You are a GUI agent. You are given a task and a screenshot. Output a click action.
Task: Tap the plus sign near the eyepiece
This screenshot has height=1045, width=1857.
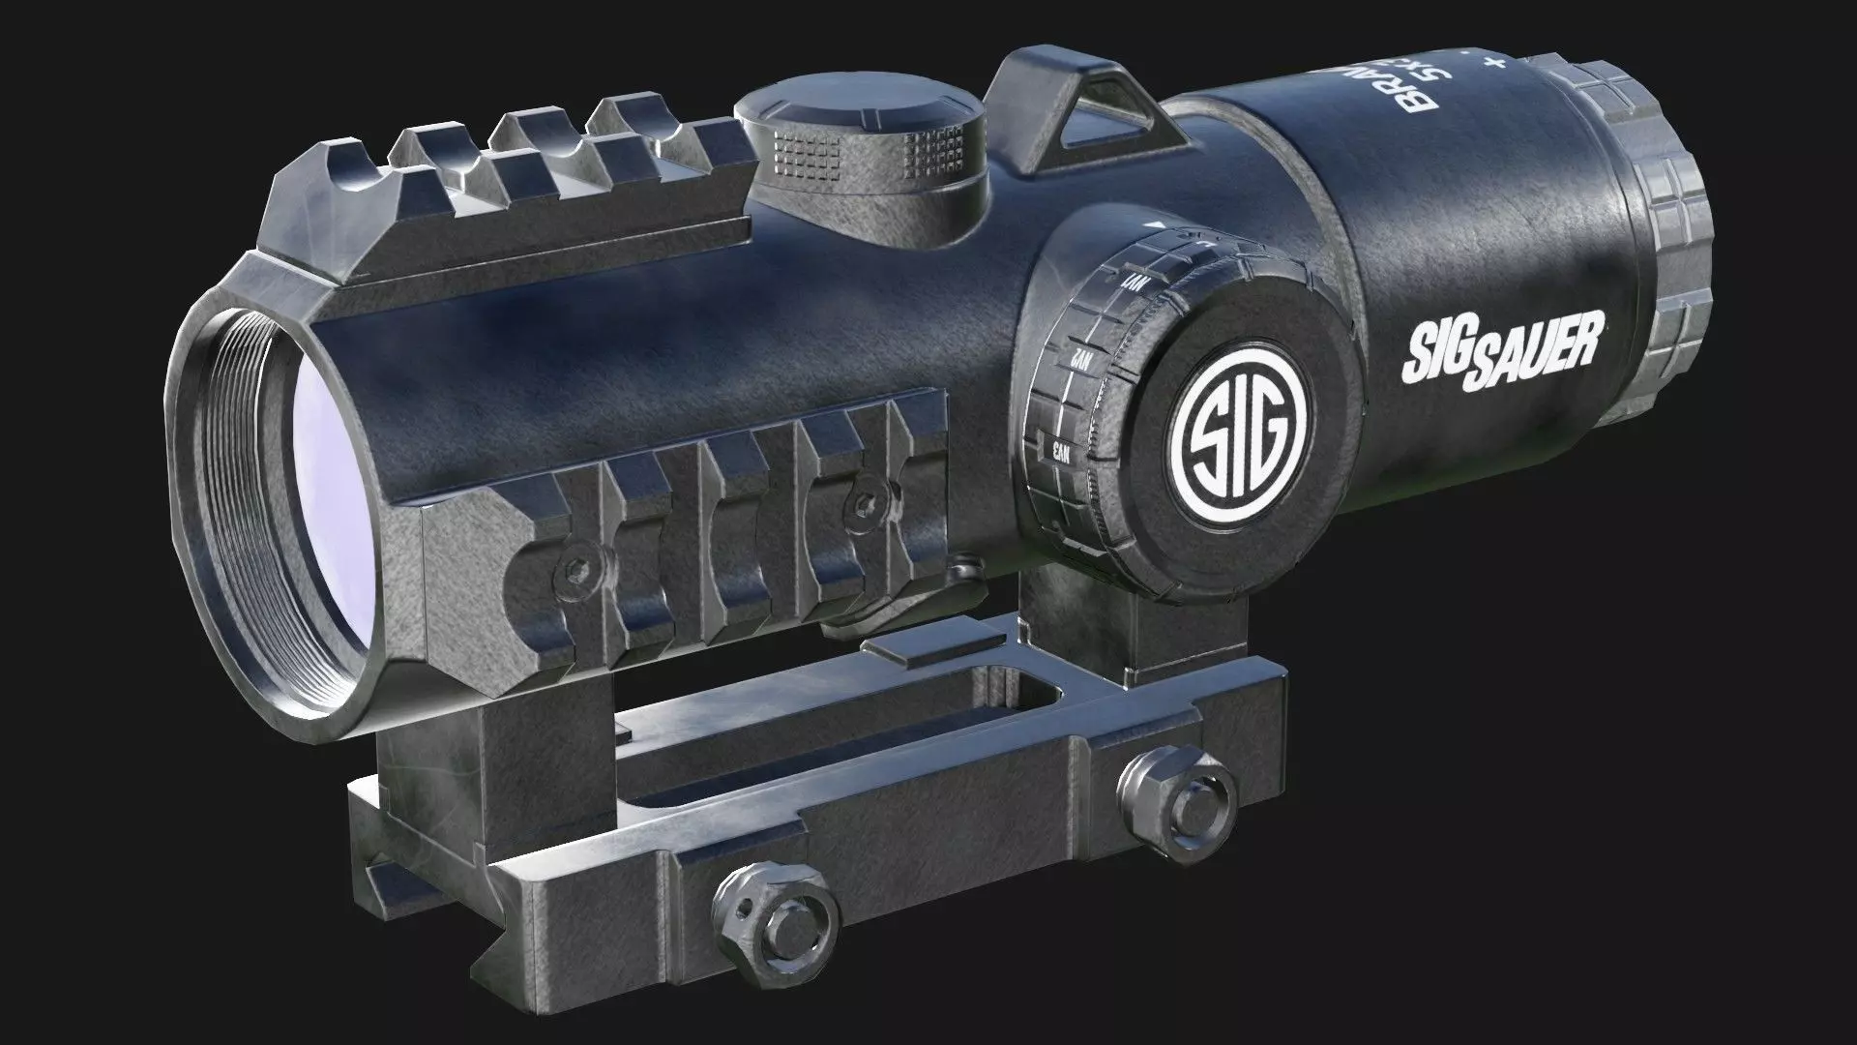(1497, 63)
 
